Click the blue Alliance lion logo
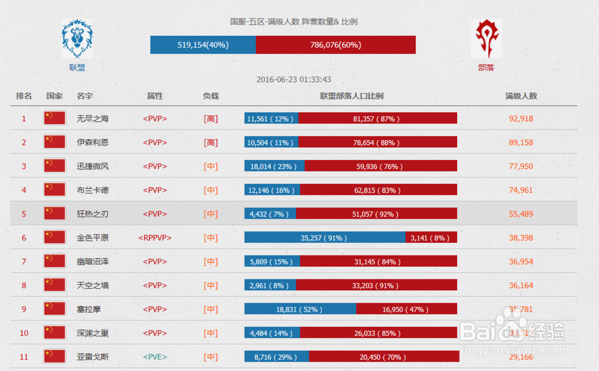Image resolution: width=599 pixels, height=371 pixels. (77, 39)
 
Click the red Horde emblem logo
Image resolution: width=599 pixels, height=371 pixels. (486, 39)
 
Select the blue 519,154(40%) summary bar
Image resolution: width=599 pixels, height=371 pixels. (203, 45)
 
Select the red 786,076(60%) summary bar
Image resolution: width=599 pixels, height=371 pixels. (335, 45)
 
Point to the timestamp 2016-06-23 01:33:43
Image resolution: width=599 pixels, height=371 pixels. (294, 79)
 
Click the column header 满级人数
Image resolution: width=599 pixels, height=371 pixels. (521, 96)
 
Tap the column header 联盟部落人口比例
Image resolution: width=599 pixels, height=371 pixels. (351, 96)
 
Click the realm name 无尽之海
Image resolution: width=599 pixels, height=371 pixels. (93, 119)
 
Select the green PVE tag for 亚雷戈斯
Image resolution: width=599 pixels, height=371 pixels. (155, 357)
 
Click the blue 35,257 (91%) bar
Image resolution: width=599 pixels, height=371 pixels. (325, 237)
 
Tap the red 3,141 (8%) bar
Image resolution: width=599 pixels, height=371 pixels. (431, 237)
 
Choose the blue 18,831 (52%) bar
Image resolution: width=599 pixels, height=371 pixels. (300, 309)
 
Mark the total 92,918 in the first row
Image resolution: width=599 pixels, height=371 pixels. (521, 119)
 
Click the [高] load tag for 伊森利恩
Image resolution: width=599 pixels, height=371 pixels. (211, 143)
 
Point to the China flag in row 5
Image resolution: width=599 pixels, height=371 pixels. (55, 213)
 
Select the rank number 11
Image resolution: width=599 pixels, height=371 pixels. (24, 357)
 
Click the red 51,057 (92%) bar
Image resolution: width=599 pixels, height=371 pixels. (376, 213)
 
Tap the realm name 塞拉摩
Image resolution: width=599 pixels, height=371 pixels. (89, 309)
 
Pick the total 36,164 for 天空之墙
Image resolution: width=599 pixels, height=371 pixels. (521, 285)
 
